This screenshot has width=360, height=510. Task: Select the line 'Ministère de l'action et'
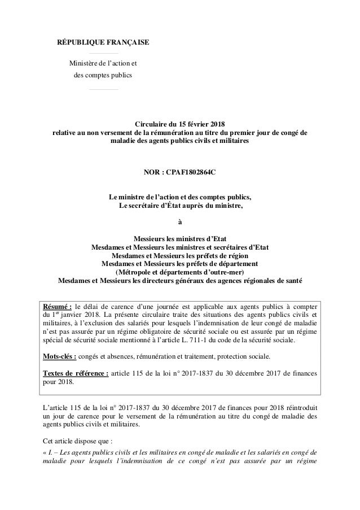[103, 63]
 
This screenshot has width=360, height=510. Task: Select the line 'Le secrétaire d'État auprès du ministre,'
[180, 204]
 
